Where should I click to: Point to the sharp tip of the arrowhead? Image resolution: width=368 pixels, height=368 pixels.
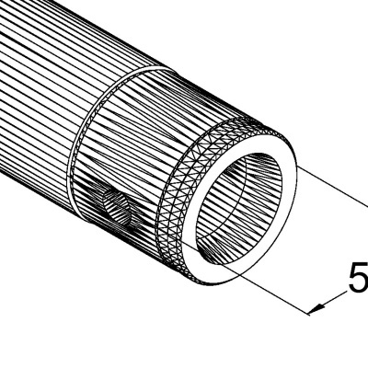(x=310, y=314)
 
